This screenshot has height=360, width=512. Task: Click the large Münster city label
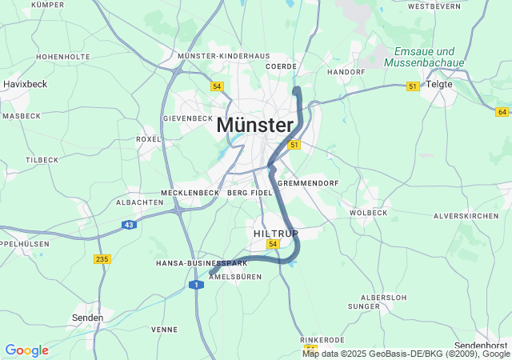(x=255, y=126)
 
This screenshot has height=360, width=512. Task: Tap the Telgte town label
(x=439, y=84)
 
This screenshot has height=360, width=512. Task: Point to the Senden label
(x=87, y=318)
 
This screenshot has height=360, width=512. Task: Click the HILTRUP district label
(x=275, y=234)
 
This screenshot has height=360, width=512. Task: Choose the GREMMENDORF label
(x=310, y=183)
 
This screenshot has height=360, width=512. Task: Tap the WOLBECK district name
(x=368, y=213)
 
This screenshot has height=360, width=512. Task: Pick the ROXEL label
(x=149, y=138)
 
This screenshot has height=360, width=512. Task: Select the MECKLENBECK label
(x=190, y=193)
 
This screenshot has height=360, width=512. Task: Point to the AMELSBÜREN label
(x=234, y=277)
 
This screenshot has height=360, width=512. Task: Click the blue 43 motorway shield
(x=130, y=225)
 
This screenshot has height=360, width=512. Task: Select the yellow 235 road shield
(x=102, y=258)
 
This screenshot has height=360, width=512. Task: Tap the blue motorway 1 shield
(x=196, y=285)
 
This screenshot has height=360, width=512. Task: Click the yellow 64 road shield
(x=502, y=111)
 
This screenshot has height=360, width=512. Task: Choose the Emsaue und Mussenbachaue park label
(x=424, y=56)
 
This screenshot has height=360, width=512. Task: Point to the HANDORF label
(x=346, y=72)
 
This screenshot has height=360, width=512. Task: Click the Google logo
(x=26, y=350)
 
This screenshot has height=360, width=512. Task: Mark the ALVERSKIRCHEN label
(x=466, y=216)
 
